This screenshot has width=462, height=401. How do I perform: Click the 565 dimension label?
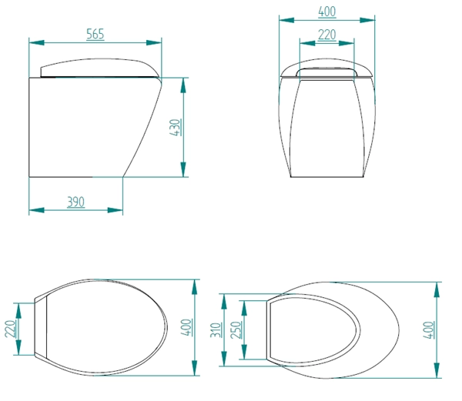pyautogui.click(x=95, y=34)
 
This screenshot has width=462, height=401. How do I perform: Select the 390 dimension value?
pyautogui.click(x=75, y=202)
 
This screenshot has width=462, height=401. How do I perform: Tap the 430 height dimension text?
pyautogui.click(x=175, y=127)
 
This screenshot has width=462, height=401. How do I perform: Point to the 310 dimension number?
pyautogui.click(x=216, y=329)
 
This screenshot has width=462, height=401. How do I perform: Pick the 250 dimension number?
pyautogui.click(x=236, y=329)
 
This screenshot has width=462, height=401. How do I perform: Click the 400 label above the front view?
pyautogui.click(x=327, y=12)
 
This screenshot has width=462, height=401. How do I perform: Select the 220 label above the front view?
pyautogui.click(x=327, y=35)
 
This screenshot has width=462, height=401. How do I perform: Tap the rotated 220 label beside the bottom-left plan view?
pyautogui.click(x=10, y=329)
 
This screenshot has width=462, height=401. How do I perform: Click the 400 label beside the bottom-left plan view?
pyautogui.click(x=186, y=327)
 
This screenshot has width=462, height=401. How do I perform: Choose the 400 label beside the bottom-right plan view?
pyautogui.click(x=429, y=329)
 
